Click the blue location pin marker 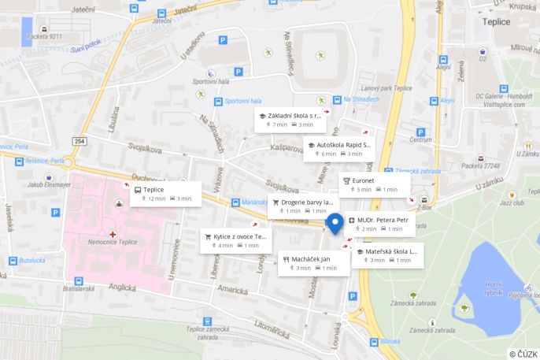click(x=335, y=224)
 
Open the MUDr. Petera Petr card click(x=380, y=224)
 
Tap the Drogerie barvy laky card click(x=301, y=206)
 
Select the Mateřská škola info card click(x=387, y=255)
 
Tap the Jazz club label click(x=512, y=202)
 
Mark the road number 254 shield click(x=80, y=141)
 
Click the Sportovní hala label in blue click(x=242, y=101)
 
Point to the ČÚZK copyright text click(x=523, y=354)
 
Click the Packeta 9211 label click(x=43, y=36)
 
